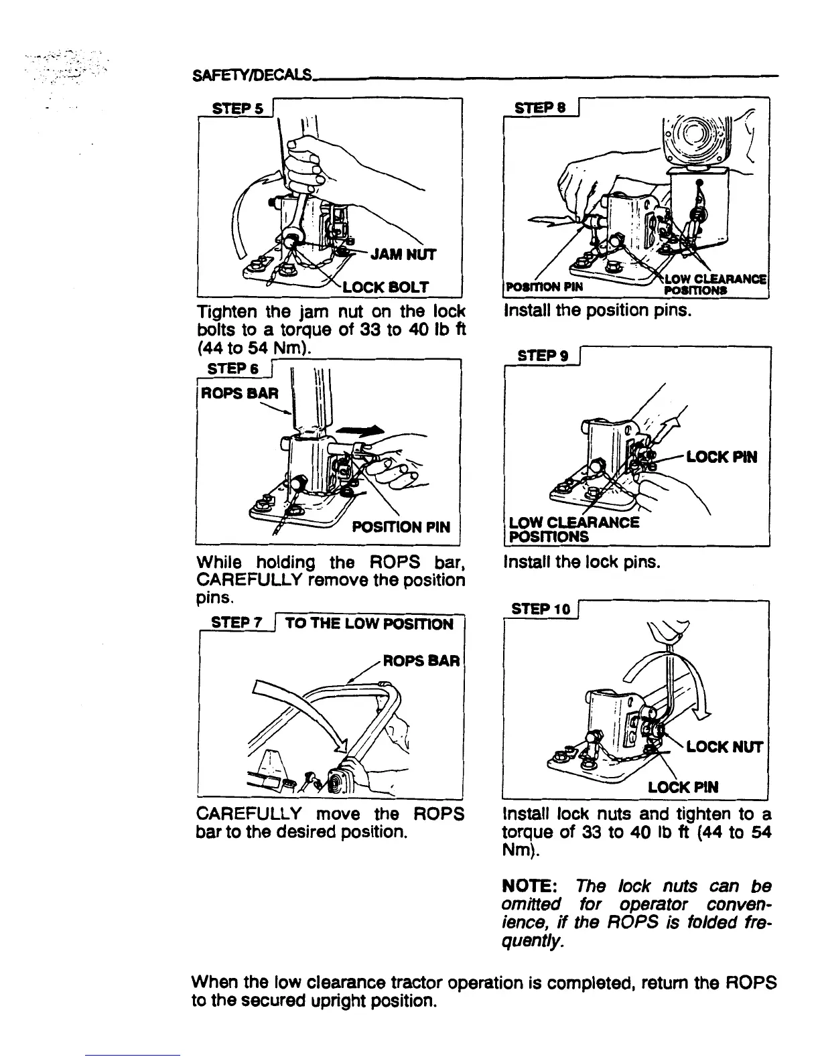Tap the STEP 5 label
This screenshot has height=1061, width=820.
(x=234, y=108)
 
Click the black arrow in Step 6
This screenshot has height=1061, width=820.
(x=360, y=431)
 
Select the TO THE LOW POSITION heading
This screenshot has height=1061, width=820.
(x=369, y=624)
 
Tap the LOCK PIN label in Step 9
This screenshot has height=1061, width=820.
(x=722, y=457)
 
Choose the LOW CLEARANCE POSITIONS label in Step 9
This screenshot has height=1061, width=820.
(x=574, y=529)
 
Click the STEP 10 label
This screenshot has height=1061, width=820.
(x=540, y=609)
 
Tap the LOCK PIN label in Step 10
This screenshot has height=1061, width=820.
(x=683, y=787)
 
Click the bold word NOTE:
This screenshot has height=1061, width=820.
(x=528, y=886)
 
